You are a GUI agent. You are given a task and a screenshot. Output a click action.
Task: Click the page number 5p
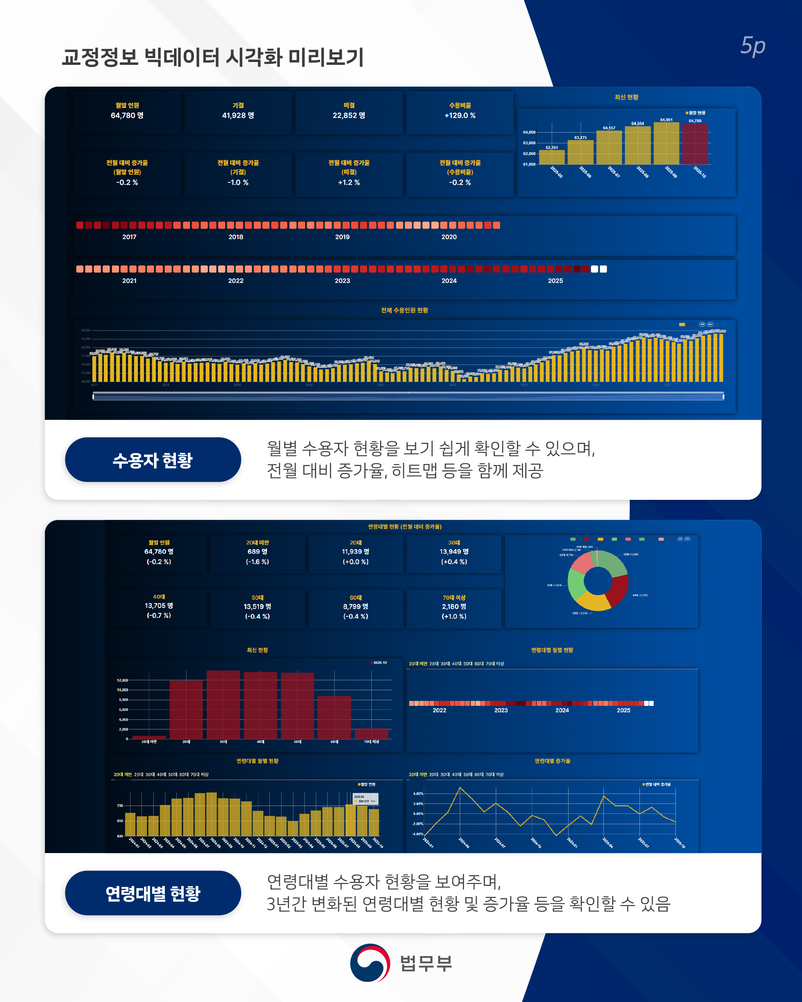752,46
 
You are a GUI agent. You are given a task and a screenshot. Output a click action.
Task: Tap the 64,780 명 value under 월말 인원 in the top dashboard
127,115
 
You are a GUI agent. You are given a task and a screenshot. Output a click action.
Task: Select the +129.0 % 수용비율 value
460,115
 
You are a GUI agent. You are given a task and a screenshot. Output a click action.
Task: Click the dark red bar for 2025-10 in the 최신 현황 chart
695,144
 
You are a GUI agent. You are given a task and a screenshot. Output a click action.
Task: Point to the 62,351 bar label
551,147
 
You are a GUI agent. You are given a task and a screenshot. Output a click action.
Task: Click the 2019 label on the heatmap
342,237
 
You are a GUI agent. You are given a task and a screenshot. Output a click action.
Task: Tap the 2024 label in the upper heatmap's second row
449,281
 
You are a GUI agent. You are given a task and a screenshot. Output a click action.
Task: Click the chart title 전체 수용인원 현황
404,310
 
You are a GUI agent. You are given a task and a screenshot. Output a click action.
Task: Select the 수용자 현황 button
153,460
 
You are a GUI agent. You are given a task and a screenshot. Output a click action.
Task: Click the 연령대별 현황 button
153,893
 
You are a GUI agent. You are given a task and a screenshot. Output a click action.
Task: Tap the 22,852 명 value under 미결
349,115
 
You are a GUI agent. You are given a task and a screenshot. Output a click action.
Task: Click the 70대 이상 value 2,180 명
454,606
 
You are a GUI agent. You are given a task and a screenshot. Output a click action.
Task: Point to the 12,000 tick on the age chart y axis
122,680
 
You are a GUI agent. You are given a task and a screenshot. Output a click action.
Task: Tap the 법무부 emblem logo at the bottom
370,962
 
